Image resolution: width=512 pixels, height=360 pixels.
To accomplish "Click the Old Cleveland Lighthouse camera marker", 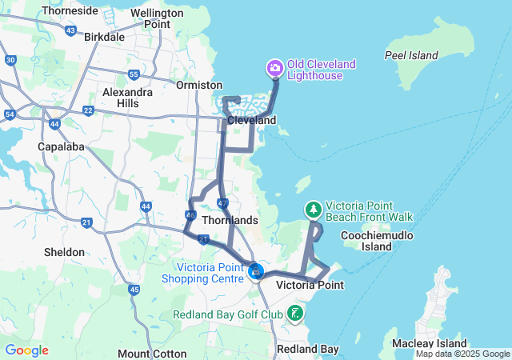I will (x=275, y=67).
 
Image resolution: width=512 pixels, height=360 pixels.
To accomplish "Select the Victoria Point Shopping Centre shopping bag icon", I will (x=256, y=272).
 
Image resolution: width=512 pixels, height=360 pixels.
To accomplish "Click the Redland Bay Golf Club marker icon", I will (x=296, y=313).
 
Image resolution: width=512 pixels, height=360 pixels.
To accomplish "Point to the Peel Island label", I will (x=411, y=55).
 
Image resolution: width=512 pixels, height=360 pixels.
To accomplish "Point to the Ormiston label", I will (x=199, y=85).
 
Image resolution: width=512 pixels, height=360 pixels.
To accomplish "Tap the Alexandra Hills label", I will (x=127, y=98).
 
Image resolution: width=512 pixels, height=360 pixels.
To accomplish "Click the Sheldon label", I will (x=64, y=252).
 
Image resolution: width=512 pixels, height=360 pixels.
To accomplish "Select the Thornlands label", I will (x=230, y=220).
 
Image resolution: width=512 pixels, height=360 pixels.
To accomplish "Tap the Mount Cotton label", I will (x=152, y=353).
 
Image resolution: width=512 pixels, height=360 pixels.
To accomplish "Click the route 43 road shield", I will (x=70, y=30).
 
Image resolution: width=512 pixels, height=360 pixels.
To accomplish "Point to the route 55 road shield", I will (x=134, y=74).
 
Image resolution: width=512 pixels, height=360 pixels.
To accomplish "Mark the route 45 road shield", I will (x=134, y=289).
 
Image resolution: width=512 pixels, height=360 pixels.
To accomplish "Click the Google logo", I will (x=26, y=350).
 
